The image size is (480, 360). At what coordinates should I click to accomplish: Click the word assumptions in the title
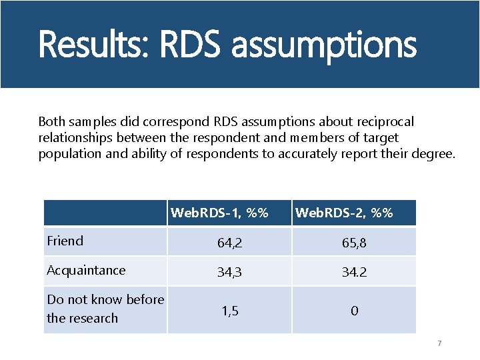(324, 45)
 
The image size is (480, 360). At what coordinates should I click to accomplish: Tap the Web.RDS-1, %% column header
(219, 213)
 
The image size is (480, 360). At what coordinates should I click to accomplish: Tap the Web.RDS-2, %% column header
(343, 213)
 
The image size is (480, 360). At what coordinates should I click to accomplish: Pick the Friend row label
(65, 241)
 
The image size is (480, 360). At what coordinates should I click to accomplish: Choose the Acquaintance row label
(86, 271)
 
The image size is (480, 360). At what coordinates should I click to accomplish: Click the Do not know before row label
(105, 300)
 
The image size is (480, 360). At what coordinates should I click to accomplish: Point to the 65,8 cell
(354, 243)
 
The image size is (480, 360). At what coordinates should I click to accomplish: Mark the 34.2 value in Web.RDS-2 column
(354, 273)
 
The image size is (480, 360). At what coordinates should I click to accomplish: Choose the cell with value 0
(354, 311)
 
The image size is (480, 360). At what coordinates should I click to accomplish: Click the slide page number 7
(439, 343)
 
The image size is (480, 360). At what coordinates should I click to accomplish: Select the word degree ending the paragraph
(435, 154)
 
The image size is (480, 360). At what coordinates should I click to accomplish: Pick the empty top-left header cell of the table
(105, 213)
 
